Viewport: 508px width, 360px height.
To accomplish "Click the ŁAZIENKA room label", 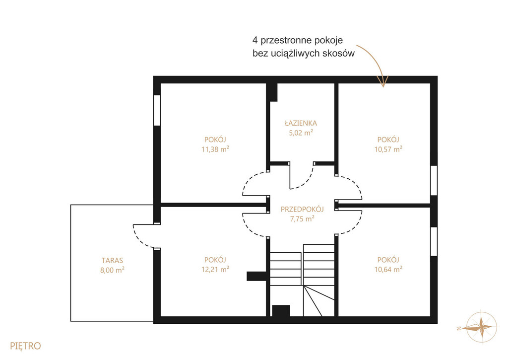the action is pos(301,123).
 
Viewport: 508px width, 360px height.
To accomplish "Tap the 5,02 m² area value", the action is pos(301,132).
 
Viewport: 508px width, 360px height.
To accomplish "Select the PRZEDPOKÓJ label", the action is pos(302,210).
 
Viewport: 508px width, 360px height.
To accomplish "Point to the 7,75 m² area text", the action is pos(302,218).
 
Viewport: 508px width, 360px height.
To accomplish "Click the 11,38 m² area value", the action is pos(215,149).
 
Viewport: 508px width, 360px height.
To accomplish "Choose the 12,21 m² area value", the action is pos(215,269).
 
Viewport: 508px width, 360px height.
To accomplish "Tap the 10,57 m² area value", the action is pos(388,149).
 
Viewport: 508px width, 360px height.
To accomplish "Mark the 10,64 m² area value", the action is pos(388,269).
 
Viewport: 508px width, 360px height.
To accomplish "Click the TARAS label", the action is pos(112,260).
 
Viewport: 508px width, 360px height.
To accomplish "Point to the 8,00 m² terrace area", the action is pos(112,270).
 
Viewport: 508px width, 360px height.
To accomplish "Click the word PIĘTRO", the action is pos(25,346).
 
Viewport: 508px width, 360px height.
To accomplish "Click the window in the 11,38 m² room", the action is pos(157,110).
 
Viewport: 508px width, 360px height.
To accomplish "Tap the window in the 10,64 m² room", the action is pos(434,242).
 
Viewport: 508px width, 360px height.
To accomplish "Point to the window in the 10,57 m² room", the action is pos(434,181).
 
